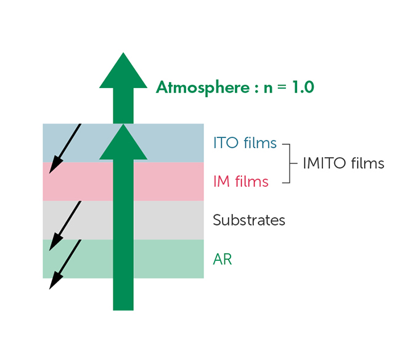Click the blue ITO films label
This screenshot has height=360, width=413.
tap(245, 144)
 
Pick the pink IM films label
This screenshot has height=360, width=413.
tap(240, 181)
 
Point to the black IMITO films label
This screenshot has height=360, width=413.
tap(343, 163)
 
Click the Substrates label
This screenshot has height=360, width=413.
tap(249, 219)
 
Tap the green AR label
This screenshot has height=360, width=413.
tap(222, 259)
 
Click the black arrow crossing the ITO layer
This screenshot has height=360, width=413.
tap(65, 148)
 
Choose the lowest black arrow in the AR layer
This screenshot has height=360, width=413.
tap(65, 264)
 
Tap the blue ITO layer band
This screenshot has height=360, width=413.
tap(166, 143)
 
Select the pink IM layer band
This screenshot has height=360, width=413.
tap(166, 181)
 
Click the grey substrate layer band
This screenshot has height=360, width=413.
tap(166, 220)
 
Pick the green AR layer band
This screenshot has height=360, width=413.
tap(166, 259)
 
